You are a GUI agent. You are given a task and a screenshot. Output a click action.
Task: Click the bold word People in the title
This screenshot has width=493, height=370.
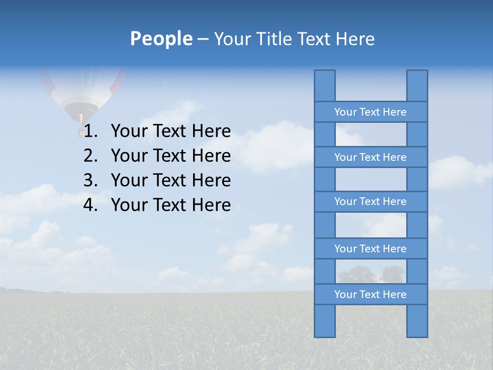[x=161, y=39]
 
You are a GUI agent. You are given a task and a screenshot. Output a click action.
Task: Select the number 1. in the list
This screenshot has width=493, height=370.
[x=91, y=132]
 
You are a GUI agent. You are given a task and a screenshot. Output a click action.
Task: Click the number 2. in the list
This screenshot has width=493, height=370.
[x=91, y=156]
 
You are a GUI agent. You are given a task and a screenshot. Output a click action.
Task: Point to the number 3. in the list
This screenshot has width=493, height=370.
[x=91, y=180]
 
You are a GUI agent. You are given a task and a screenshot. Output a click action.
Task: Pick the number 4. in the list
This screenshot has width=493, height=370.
[x=91, y=205]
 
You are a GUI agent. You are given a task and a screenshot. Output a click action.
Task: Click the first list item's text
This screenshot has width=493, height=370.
[x=170, y=132]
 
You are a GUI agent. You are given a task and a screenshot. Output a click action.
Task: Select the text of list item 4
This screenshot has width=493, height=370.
[x=170, y=205]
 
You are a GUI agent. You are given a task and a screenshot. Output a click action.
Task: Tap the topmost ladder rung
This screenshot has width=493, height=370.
[x=370, y=112]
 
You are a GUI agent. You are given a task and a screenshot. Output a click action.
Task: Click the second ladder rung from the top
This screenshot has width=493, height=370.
[x=370, y=157]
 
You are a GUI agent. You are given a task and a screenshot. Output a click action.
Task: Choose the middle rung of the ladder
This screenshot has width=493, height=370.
[x=370, y=201]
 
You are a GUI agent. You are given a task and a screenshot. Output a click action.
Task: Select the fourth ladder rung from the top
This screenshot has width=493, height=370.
[x=370, y=249]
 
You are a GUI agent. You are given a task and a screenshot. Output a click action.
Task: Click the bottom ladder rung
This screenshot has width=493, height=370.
[x=370, y=294]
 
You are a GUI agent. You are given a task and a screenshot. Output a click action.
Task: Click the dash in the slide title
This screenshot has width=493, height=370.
[x=203, y=40]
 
